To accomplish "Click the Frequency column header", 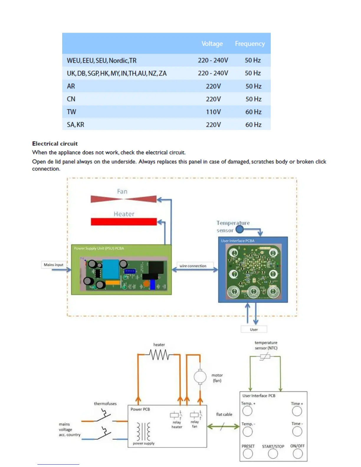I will click(x=250, y=44).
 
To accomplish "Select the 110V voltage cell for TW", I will click(x=213, y=112).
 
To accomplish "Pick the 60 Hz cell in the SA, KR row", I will click(x=253, y=125).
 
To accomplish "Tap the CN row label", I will click(x=71, y=99).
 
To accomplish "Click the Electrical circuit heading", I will click(x=55, y=144).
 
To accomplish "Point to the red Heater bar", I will click(x=124, y=222).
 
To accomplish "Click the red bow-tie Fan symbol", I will click(x=124, y=199).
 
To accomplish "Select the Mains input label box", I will click(x=54, y=265).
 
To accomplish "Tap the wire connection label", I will click(x=193, y=266).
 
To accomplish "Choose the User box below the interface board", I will click(x=254, y=329).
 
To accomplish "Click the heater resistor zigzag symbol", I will click(x=159, y=355).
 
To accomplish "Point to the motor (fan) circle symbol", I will click(x=200, y=377).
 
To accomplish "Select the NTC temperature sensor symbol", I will click(x=265, y=357).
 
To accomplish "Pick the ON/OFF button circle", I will click(x=298, y=454).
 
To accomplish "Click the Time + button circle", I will click(x=297, y=411).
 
